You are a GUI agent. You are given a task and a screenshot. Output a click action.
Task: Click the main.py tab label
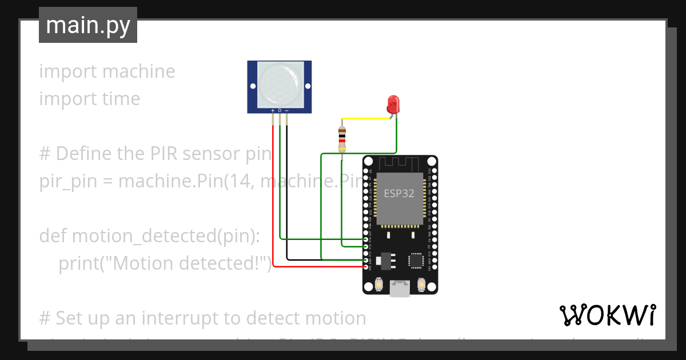(88, 25)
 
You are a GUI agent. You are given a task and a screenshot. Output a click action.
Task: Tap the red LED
(393, 105)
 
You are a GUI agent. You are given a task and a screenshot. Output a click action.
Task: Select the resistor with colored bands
(342, 137)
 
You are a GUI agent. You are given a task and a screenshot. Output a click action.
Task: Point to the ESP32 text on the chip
(399, 193)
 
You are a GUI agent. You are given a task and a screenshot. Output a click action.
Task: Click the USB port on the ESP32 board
(400, 288)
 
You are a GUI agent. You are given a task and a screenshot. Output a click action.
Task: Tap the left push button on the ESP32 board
(380, 284)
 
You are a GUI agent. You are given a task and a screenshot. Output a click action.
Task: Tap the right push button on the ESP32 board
(421, 284)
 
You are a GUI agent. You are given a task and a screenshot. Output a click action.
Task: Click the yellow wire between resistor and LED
(366, 119)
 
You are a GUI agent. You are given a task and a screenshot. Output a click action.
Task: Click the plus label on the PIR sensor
(273, 110)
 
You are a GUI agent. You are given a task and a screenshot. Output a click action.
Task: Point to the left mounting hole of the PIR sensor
(252, 86)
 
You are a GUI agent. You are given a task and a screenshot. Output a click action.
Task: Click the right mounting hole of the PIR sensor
(308, 86)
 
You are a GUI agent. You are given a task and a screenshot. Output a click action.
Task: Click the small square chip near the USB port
(417, 261)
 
